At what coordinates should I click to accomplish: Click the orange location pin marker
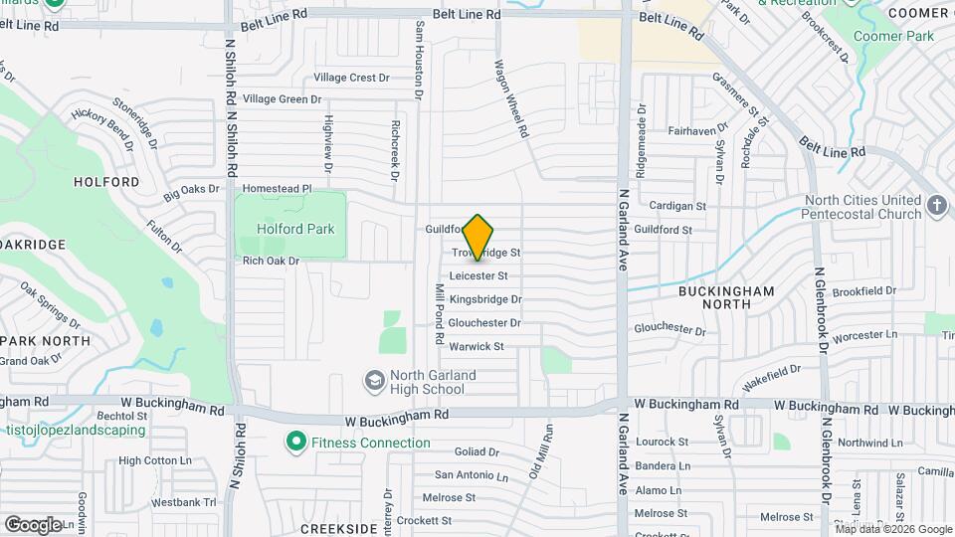click(x=478, y=237)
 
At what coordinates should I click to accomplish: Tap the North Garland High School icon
click(x=375, y=381)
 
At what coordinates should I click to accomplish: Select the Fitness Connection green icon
click(x=295, y=441)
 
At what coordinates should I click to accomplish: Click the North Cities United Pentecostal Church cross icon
click(x=935, y=206)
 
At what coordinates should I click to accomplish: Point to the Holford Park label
click(x=295, y=229)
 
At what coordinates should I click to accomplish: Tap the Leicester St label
click(x=478, y=275)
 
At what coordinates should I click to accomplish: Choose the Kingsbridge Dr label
click(x=485, y=298)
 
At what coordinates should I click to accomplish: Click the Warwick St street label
click(x=477, y=346)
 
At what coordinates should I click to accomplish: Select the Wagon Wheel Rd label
click(x=509, y=96)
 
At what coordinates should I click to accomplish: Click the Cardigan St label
click(x=676, y=206)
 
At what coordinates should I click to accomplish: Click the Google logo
click(x=33, y=524)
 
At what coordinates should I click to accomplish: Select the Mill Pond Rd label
click(x=438, y=313)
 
